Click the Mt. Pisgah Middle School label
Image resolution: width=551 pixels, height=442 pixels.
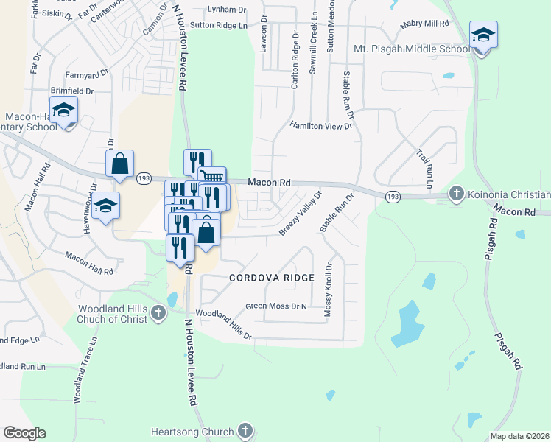pyautogui.click(x=411, y=49)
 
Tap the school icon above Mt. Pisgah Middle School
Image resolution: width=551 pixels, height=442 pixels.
pyautogui.click(x=483, y=35)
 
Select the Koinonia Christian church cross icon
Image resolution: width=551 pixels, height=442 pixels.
pyautogui.click(x=456, y=194)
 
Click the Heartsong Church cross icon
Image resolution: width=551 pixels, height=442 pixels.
pyautogui.click(x=245, y=431)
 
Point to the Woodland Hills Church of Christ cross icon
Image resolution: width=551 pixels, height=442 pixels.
pyautogui.click(x=158, y=315)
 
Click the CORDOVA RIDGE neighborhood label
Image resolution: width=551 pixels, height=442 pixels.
pyautogui.click(x=271, y=278)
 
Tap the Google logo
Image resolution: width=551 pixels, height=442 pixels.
pyautogui.click(x=25, y=433)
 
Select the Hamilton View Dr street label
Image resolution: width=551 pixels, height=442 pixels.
pyautogui.click(x=321, y=126)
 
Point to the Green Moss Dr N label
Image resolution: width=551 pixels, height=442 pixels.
pyautogui.click(x=275, y=306)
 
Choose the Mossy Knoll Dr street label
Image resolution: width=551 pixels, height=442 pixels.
pyautogui.click(x=329, y=290)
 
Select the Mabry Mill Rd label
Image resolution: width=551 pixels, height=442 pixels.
pyautogui.click(x=424, y=24)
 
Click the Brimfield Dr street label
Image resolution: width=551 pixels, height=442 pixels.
pyautogui.click(x=72, y=91)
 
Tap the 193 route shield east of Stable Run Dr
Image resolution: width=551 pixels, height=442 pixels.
pyautogui.click(x=392, y=195)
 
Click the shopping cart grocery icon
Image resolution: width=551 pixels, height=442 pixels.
pyautogui.click(x=212, y=177)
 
